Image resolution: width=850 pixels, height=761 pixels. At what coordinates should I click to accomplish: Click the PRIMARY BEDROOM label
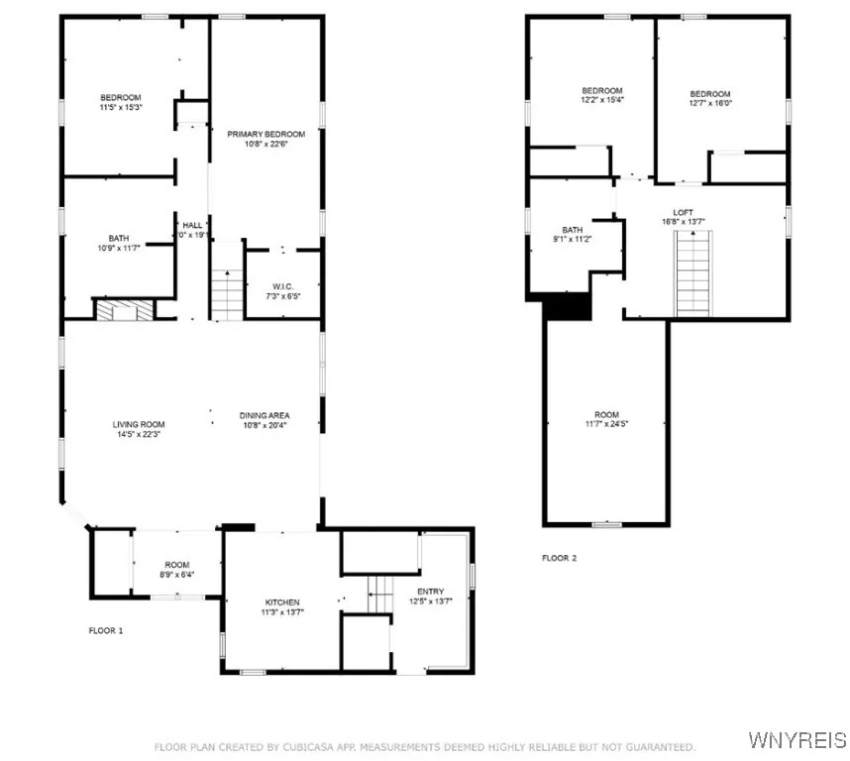[x=266, y=134]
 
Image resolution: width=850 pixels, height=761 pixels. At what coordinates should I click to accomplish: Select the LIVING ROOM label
[x=138, y=425]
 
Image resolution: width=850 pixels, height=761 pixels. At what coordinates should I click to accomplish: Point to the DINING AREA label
[x=265, y=415]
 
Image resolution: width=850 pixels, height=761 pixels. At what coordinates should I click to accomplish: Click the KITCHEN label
[x=281, y=602]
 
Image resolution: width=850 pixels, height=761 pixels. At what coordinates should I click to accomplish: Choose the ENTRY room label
[x=430, y=591]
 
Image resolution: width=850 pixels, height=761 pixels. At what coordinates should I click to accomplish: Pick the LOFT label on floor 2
[x=683, y=211]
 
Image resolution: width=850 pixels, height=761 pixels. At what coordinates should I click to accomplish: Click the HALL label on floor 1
[x=192, y=226]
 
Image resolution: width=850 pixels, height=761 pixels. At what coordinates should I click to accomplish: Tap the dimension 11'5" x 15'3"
[x=121, y=107]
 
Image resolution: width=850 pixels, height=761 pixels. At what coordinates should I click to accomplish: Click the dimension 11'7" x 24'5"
[x=606, y=424]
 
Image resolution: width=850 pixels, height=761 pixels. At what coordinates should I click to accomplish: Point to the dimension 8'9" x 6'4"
[x=177, y=574]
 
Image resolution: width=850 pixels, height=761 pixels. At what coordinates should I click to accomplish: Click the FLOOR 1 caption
[x=107, y=630]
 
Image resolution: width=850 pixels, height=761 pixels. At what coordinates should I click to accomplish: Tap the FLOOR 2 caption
[x=559, y=558]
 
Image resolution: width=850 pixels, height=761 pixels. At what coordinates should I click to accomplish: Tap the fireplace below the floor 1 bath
[x=125, y=310]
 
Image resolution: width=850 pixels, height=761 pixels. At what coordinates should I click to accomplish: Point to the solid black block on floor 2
[x=568, y=307]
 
